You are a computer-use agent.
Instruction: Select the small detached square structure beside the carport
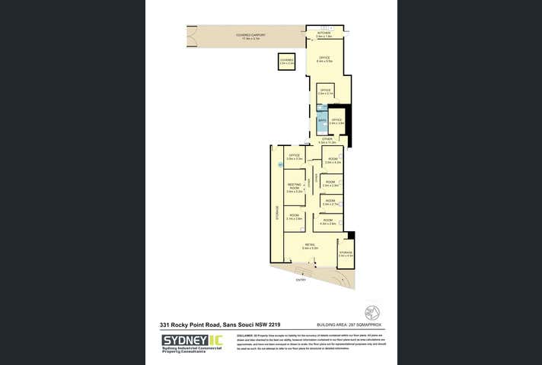[x=286, y=62]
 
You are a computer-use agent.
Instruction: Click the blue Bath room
[x=322, y=121]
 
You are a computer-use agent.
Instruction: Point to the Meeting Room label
[x=295, y=187]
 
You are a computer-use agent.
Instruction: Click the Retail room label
[x=309, y=246]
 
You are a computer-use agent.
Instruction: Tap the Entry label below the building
[x=290, y=280]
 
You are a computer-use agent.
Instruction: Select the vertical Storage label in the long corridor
[x=277, y=214]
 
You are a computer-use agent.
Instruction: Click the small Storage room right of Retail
[x=346, y=254]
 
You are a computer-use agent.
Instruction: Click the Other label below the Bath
[x=327, y=140]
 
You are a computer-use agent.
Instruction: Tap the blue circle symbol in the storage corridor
[x=279, y=165]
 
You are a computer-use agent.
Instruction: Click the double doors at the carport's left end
[x=188, y=35]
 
